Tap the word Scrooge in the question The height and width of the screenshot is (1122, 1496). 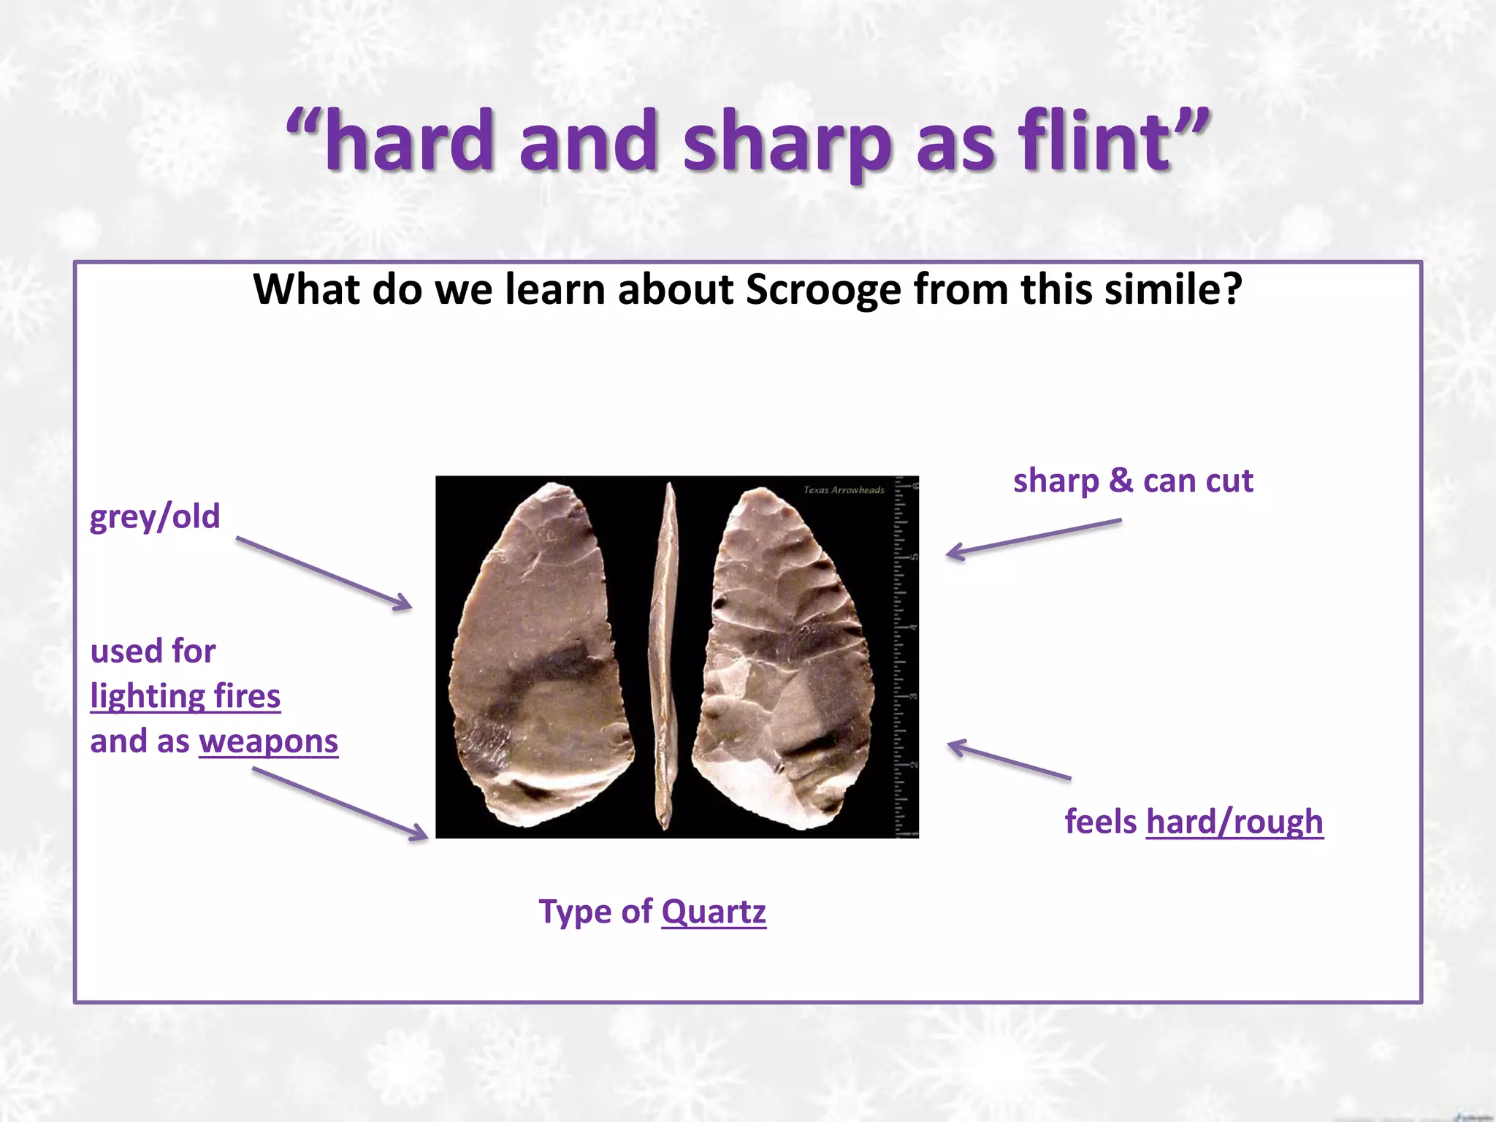click(823, 289)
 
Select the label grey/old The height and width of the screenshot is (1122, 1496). click(155, 516)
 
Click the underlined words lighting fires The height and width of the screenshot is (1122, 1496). click(186, 695)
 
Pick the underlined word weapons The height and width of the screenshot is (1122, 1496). click(269, 741)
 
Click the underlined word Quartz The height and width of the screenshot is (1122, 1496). click(714, 912)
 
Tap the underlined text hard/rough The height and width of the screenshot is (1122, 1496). click(1234, 821)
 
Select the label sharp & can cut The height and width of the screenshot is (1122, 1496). click(1133, 481)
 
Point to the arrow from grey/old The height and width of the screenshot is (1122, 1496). click(324, 573)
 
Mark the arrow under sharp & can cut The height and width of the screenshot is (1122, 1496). click(1033, 539)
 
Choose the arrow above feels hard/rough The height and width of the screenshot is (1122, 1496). click(1009, 760)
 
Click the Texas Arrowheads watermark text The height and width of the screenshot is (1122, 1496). click(844, 490)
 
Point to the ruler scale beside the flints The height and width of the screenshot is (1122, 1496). click(907, 657)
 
